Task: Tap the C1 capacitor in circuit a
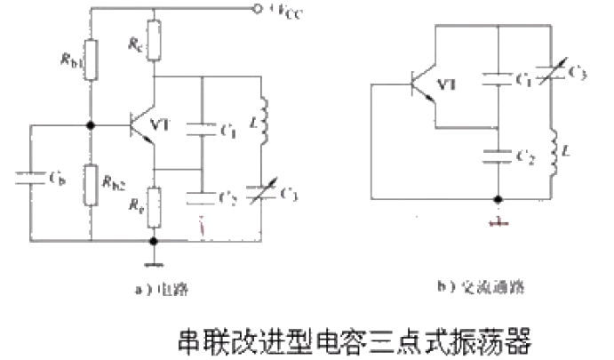tap(203, 129)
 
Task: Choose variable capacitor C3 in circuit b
tap(552, 72)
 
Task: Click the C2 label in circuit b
tap(527, 158)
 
